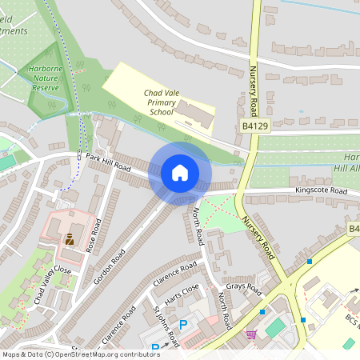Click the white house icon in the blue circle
point(180,173)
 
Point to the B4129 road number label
point(254,126)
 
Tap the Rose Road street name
point(94,233)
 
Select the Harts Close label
point(180,295)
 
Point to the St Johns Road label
point(166,325)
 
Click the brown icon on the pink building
point(70,238)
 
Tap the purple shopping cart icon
point(251,334)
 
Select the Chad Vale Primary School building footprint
point(195,114)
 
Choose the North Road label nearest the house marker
point(198,226)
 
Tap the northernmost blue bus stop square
point(310,261)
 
